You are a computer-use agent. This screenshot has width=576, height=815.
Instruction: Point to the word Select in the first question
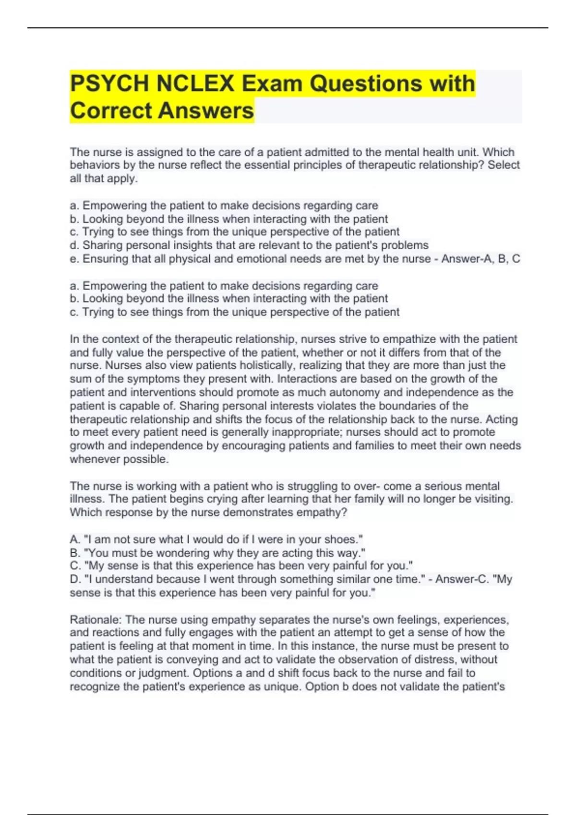tap(504, 165)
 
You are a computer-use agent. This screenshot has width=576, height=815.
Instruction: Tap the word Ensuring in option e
tap(104, 259)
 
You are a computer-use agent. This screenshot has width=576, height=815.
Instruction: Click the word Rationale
tap(96, 619)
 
